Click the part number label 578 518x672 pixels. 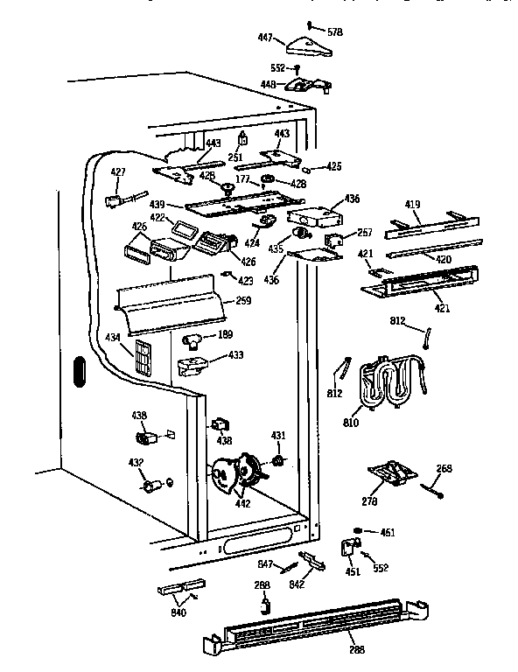pyautogui.click(x=334, y=31)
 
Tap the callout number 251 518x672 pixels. pyautogui.click(x=234, y=157)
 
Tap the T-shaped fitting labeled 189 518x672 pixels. pyautogui.click(x=193, y=336)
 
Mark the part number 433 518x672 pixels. pyautogui.click(x=235, y=355)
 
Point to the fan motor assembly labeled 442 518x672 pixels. pyautogui.click(x=234, y=472)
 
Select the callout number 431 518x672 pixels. pyautogui.click(x=278, y=436)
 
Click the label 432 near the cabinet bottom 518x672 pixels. pyautogui.click(x=136, y=462)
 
